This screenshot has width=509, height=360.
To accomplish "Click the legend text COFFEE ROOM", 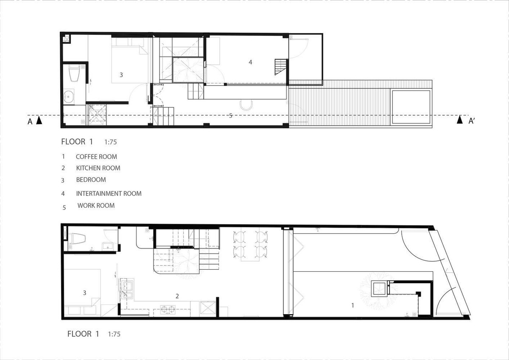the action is click(96, 157).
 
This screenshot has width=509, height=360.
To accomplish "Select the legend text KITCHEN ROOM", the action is click(98, 168).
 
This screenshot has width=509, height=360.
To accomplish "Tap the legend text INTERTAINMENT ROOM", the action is click(109, 193).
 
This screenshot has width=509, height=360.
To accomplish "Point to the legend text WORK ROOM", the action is click(96, 206).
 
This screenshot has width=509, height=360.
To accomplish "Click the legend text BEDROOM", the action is click(91, 180).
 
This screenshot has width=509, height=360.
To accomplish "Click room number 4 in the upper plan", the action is click(250, 62).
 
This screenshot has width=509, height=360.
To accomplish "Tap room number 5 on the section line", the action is click(231, 116).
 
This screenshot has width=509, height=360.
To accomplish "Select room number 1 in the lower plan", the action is click(352, 305).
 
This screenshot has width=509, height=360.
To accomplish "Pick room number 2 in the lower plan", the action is click(177, 296).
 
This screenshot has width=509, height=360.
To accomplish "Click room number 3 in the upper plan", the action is click(121, 75).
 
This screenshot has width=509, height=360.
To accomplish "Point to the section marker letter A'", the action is click(472, 121).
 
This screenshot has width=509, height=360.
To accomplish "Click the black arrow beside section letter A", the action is click(39, 120).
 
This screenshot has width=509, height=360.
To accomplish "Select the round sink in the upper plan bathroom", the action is click(69, 97).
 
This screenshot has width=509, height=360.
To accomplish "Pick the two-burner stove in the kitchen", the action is click(168, 310).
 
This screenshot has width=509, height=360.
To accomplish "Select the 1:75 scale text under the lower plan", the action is click(114, 334).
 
